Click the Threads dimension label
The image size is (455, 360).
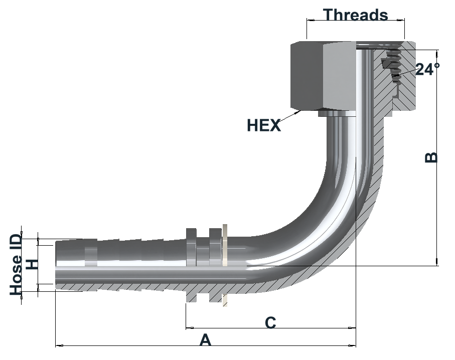tap(356, 15)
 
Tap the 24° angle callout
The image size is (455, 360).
tap(427, 69)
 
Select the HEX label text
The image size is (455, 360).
tap(264, 126)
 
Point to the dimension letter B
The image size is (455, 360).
tap(431, 157)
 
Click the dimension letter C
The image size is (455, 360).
tap(270, 322)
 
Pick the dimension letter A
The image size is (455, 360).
tap(205, 340)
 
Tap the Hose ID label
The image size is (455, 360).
tap(16, 265)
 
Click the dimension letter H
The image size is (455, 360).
tap(32, 265)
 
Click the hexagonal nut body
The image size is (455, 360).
tap(323, 76)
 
